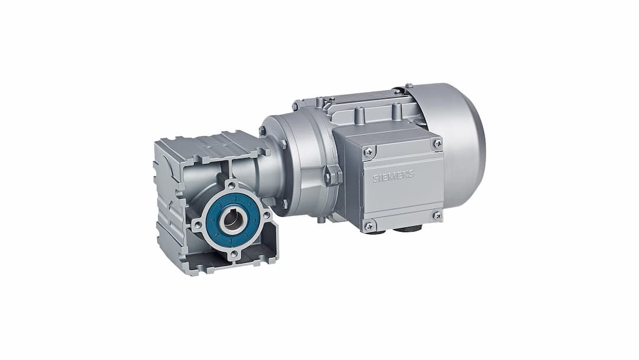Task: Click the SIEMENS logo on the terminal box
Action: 393,175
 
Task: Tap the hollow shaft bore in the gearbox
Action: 232,220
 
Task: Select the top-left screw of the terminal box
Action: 369,152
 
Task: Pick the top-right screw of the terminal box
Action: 437,143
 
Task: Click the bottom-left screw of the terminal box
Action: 369,225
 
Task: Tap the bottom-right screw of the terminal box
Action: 437,216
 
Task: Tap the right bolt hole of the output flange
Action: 267,213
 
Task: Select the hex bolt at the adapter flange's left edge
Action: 262,131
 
